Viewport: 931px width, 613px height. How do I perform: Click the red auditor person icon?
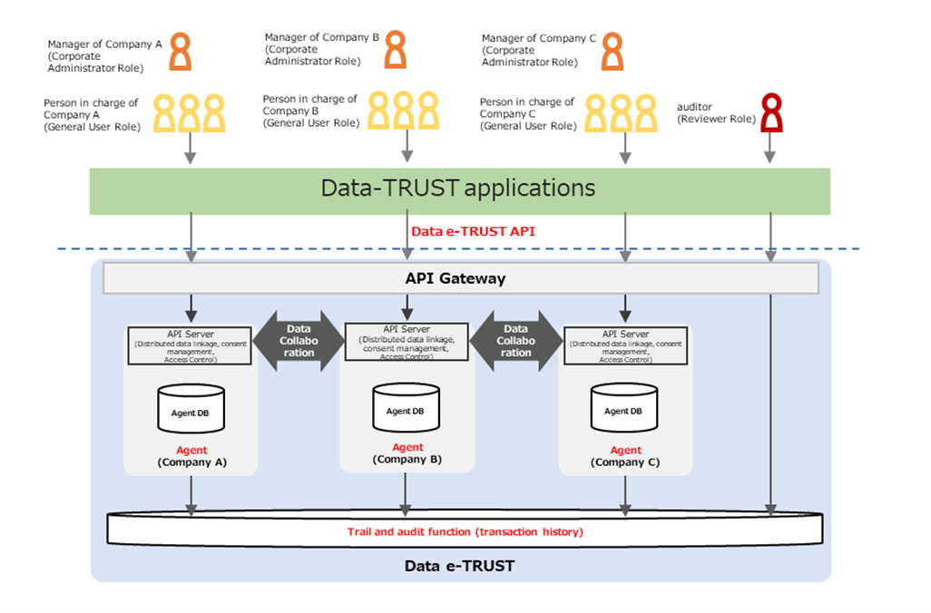click(770, 113)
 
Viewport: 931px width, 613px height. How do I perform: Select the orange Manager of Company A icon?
click(181, 52)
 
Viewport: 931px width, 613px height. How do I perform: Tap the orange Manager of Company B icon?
click(395, 49)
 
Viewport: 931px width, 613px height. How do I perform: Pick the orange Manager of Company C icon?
click(613, 52)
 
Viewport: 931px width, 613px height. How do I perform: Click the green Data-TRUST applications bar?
click(459, 190)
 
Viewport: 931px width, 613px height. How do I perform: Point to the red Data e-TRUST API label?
click(473, 231)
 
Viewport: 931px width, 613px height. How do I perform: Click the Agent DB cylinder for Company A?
click(190, 409)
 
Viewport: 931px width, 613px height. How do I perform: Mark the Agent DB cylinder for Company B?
click(406, 408)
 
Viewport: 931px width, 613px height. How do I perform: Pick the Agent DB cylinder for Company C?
click(624, 409)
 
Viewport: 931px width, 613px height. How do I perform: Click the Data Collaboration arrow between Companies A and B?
click(299, 341)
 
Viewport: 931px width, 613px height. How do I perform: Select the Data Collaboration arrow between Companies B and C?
click(515, 341)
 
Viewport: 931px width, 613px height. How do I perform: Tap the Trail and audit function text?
click(465, 531)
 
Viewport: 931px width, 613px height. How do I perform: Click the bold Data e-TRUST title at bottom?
click(459, 566)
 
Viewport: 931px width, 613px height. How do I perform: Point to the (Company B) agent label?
click(407, 460)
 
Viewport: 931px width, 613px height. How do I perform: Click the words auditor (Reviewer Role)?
click(716, 113)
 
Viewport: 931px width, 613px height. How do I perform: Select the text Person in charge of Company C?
click(526, 113)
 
